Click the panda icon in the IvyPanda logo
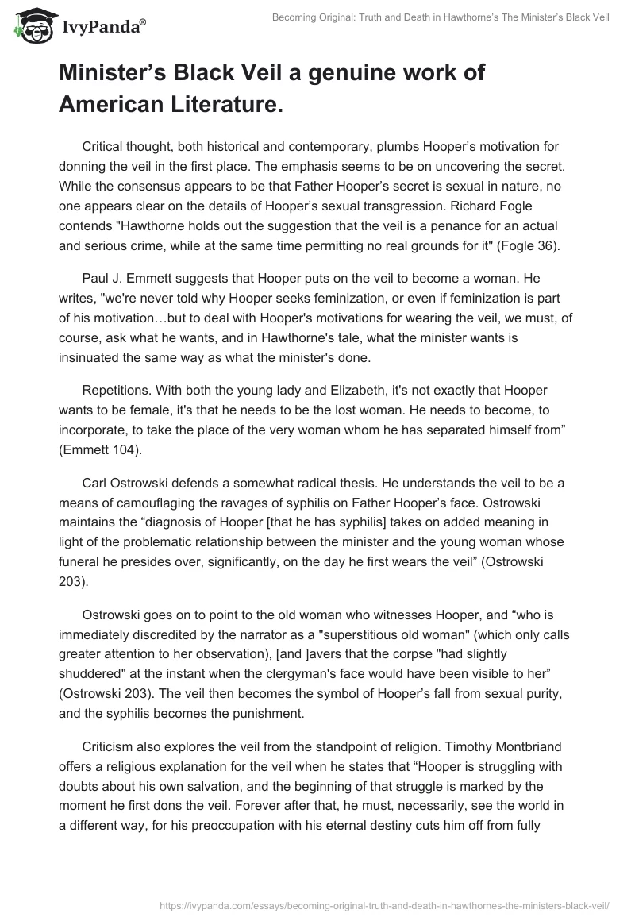[31, 25]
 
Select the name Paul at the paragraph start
[95, 261]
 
